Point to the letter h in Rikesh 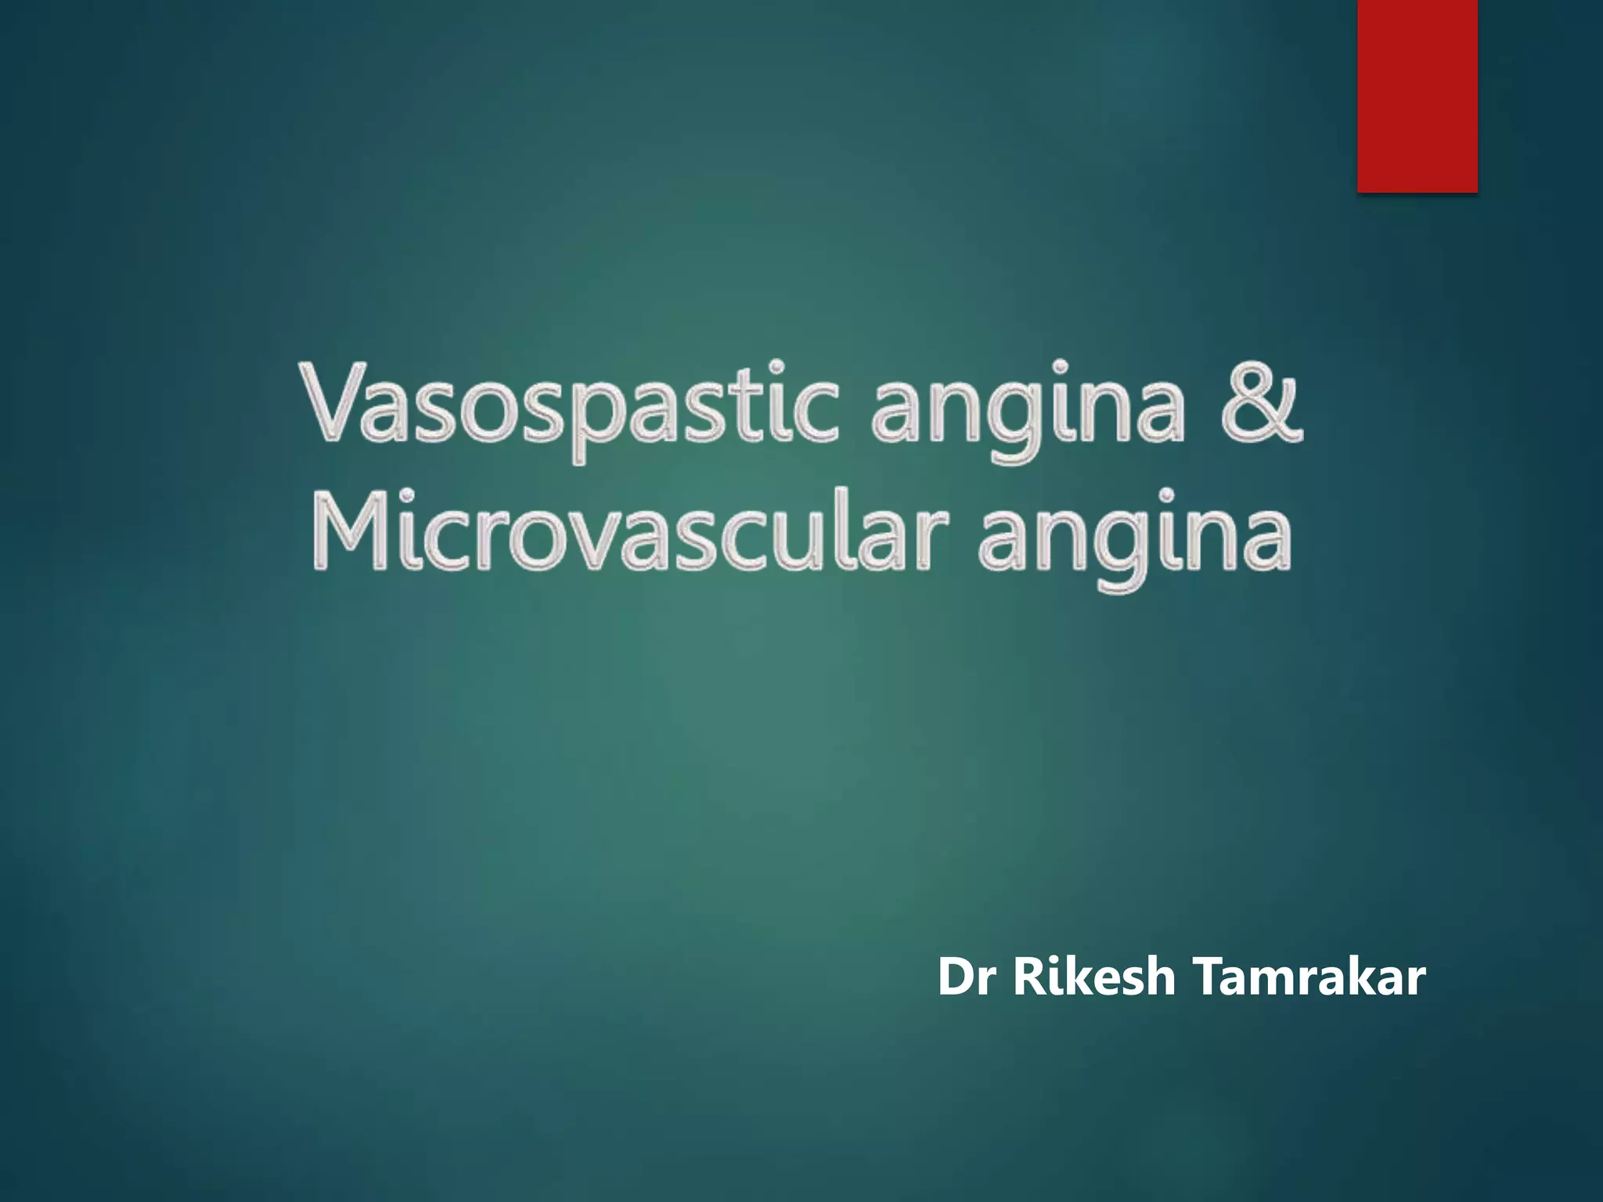coord(1158,977)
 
